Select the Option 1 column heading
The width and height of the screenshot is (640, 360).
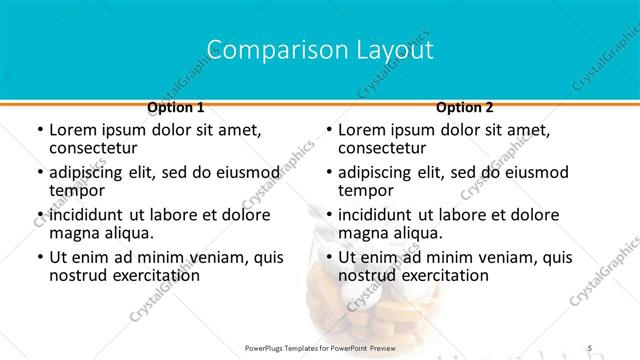176,107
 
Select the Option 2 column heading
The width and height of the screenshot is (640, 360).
465,107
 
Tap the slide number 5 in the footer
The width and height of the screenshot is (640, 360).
589,347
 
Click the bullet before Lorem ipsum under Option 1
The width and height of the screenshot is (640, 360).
39,130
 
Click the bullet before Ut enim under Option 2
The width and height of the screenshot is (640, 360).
328,258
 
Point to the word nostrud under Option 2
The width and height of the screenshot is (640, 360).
367,275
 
